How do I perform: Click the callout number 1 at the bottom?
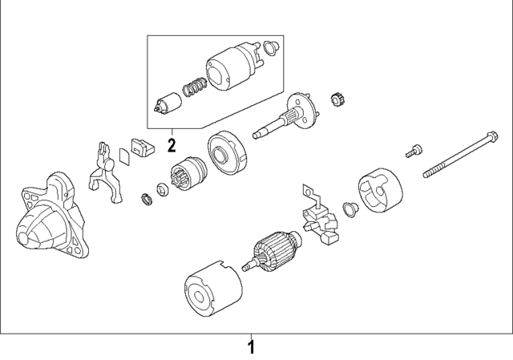click(x=251, y=347)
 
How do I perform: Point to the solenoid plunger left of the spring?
click(x=168, y=103)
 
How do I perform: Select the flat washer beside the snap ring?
click(x=161, y=189)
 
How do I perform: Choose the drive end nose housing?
click(x=49, y=220)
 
